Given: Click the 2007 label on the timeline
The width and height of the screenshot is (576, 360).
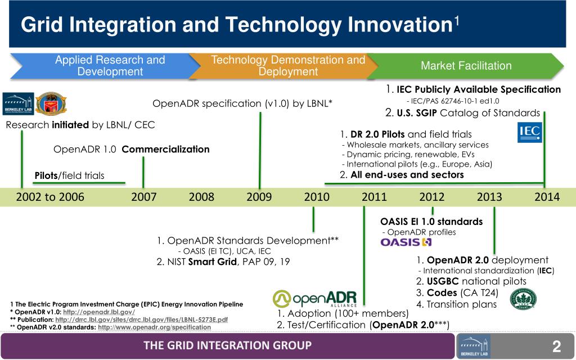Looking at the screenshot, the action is [143, 197].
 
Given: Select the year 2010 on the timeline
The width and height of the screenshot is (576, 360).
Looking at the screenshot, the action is [317, 197].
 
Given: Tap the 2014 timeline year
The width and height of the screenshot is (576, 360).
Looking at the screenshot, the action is [547, 197].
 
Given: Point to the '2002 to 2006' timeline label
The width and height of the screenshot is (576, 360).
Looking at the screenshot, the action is [50, 197].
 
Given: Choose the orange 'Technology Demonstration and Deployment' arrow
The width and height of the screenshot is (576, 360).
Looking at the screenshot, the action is [281, 66].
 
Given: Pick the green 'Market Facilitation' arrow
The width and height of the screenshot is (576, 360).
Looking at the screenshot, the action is [466, 66].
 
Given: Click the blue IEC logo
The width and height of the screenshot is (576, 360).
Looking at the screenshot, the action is [529, 133].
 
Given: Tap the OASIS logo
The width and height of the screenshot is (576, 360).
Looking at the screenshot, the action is [406, 242].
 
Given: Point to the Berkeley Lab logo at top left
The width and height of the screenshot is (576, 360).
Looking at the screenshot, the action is [18, 103].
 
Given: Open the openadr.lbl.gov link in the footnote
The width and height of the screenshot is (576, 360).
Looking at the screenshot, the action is [99, 312].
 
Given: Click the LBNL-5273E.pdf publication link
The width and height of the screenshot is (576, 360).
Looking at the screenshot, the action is [141, 319].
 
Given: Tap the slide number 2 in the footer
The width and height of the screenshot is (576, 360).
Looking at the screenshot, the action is [556, 345].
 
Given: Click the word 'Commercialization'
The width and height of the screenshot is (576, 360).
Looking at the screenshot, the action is [165, 149].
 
